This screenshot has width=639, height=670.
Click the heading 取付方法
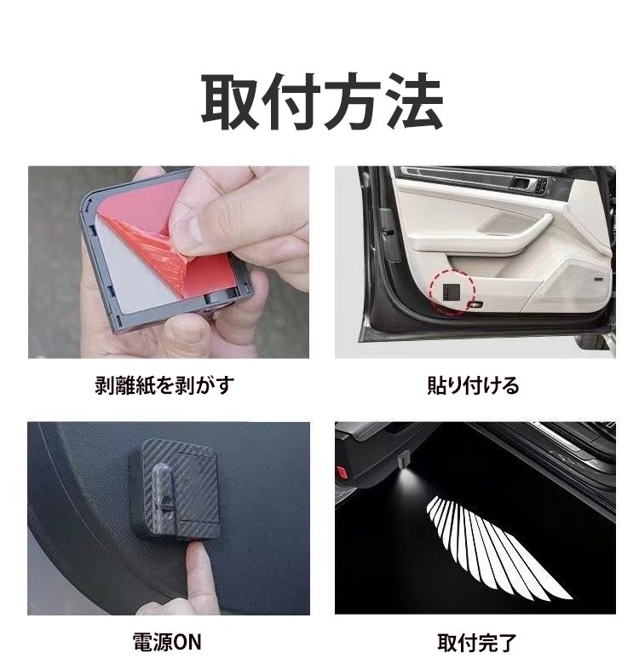tap(322, 101)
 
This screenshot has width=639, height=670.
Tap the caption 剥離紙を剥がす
tap(165, 384)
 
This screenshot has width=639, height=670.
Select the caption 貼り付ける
tap(473, 384)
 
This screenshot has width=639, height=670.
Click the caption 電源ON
tap(167, 642)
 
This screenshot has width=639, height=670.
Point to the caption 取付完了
tap(476, 643)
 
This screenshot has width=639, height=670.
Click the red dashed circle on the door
tap(452, 292)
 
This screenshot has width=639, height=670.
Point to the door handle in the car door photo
tap(524, 183)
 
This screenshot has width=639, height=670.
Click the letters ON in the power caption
tap(186, 642)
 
